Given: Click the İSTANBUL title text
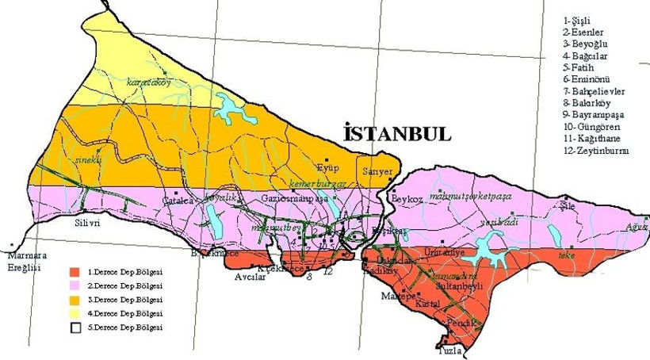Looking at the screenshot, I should click(x=397, y=133).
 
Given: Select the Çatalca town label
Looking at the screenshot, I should click(x=179, y=201).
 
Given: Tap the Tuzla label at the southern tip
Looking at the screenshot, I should click(x=450, y=349).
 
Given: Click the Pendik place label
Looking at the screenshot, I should click(x=461, y=323).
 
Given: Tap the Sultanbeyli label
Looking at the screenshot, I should click(x=468, y=281).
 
